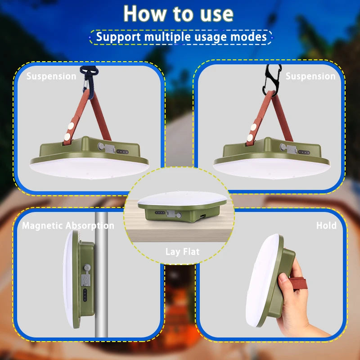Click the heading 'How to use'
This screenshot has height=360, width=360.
pyautogui.click(x=178, y=13)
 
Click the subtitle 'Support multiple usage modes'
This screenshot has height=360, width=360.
pyautogui.click(x=181, y=36)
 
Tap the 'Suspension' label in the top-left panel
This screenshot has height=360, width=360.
pyautogui.click(x=51, y=76)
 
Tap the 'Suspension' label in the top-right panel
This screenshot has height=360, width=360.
pyautogui.click(x=310, y=76)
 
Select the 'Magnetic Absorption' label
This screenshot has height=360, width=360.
pyautogui.click(x=68, y=225)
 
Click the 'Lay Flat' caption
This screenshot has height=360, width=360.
pyautogui.click(x=182, y=252)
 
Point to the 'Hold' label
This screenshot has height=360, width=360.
pyautogui.click(x=326, y=225)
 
